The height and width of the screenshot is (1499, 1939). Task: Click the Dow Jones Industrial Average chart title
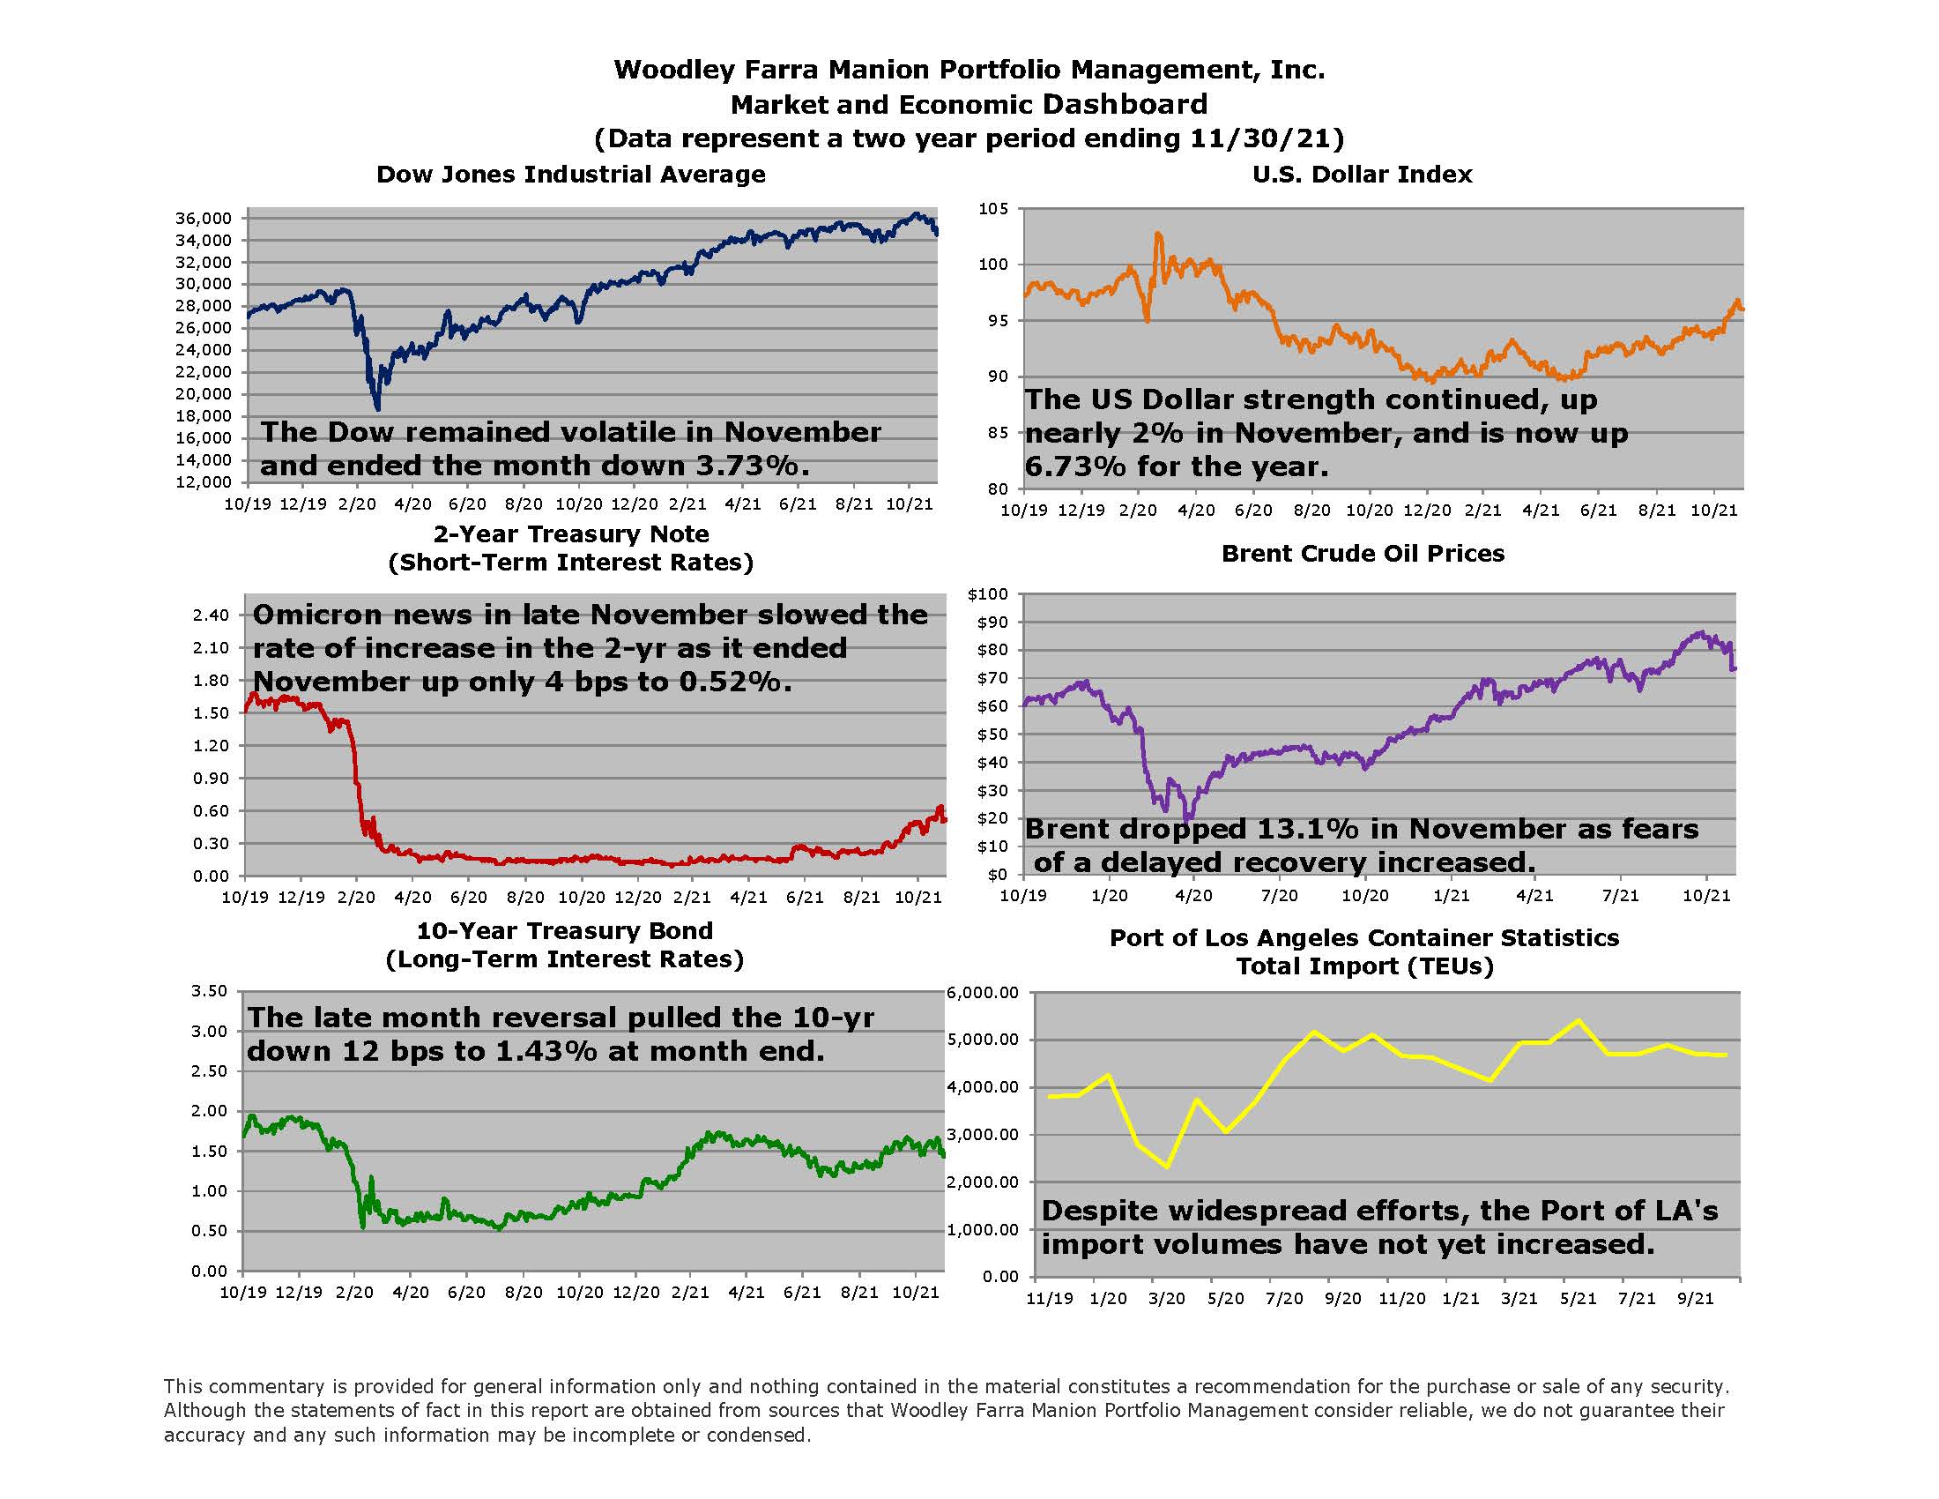(x=570, y=174)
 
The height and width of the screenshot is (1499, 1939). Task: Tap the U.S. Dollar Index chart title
(x=1362, y=174)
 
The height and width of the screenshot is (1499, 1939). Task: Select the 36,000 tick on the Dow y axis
(x=204, y=219)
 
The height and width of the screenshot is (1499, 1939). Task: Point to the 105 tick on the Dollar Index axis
(x=993, y=209)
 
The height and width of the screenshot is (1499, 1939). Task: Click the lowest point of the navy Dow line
(x=378, y=408)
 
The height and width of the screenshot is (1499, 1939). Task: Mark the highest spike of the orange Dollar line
(x=1157, y=234)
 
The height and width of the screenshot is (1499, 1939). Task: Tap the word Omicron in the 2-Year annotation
(x=318, y=615)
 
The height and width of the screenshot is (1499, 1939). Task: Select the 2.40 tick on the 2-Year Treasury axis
(x=211, y=615)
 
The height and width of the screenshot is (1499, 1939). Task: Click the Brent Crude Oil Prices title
(x=1363, y=553)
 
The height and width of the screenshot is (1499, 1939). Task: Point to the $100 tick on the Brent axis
(x=988, y=594)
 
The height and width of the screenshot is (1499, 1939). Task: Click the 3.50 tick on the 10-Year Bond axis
(x=210, y=991)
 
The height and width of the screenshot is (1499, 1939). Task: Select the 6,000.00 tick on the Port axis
(x=983, y=993)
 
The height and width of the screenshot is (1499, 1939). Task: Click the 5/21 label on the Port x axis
(x=1578, y=1298)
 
